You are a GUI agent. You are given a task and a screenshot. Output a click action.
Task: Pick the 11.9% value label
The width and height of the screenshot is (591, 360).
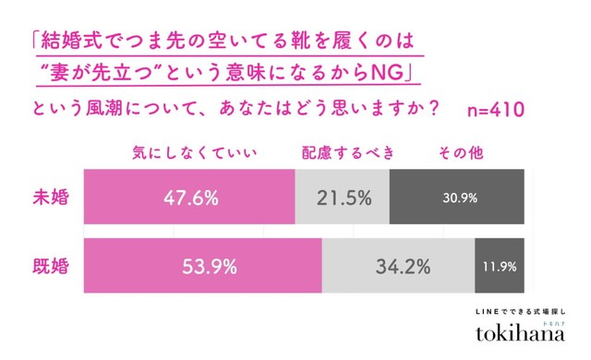(500, 268)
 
